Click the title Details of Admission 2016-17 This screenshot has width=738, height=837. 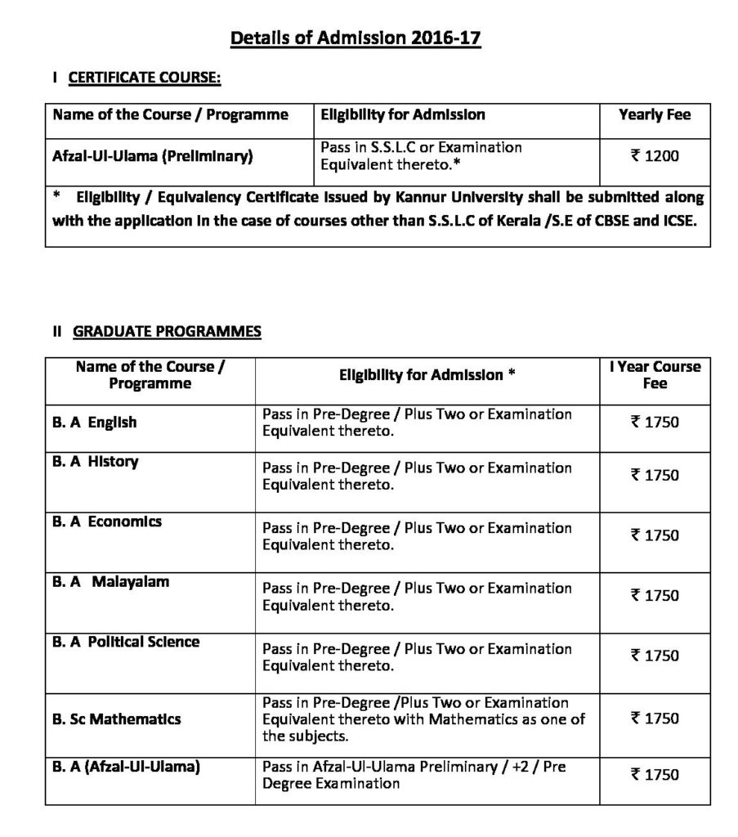pyautogui.click(x=356, y=38)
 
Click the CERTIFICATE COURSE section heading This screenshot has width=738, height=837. pyautogui.click(x=144, y=78)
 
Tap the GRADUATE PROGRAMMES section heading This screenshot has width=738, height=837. pyautogui.click(x=167, y=331)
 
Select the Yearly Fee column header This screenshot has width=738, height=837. pyautogui.click(x=655, y=114)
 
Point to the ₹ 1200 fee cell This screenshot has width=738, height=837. pyautogui.click(x=655, y=155)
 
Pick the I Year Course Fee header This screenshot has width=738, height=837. pyautogui.click(x=655, y=375)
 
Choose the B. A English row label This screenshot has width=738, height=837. pyautogui.click(x=95, y=423)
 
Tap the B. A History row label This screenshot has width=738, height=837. pyautogui.click(x=96, y=462)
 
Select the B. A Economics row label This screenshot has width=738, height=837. pyautogui.click(x=107, y=521)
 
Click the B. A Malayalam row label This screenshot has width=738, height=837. pyautogui.click(x=110, y=582)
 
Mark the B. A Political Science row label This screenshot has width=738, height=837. pyautogui.click(x=126, y=642)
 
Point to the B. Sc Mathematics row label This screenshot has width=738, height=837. pyautogui.click(x=117, y=719)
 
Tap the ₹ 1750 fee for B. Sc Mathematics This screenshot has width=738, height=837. pyautogui.click(x=655, y=718)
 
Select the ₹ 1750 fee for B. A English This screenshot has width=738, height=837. pyautogui.click(x=655, y=423)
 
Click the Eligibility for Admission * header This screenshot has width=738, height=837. pyautogui.click(x=427, y=375)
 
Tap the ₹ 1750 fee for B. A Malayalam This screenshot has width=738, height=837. pyautogui.click(x=655, y=596)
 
